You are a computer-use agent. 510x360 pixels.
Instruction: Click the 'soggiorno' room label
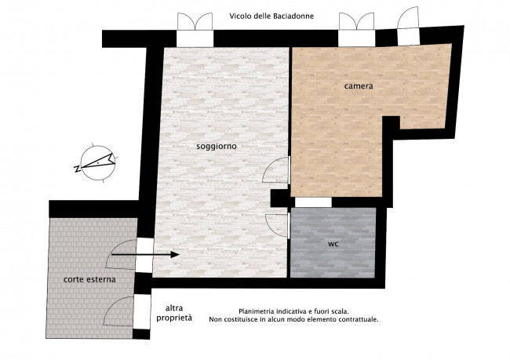[x=217, y=147]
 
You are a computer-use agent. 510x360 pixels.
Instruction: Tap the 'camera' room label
[x=359, y=86]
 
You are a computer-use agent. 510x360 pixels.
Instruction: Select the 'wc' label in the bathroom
[x=333, y=244]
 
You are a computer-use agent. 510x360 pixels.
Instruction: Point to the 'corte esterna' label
[x=89, y=279]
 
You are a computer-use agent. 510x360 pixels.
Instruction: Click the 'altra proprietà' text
[x=174, y=313]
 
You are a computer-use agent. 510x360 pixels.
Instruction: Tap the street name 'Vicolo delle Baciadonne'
[x=271, y=16]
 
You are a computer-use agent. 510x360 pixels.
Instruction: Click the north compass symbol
[x=97, y=162]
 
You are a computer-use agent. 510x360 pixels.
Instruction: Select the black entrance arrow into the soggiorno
[x=145, y=255]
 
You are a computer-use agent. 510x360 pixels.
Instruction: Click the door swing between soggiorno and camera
[x=276, y=169]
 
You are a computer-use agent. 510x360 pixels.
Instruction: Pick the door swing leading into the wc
[x=277, y=225]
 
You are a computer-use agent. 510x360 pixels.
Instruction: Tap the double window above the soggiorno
[x=195, y=21]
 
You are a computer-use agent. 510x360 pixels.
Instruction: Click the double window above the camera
[x=356, y=21]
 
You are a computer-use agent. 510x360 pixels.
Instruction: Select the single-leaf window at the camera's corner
[x=408, y=17]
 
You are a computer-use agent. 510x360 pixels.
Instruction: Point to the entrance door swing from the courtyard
[x=121, y=255]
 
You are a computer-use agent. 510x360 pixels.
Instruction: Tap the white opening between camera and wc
[x=313, y=202]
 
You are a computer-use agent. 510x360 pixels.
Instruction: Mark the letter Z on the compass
[x=78, y=169]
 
